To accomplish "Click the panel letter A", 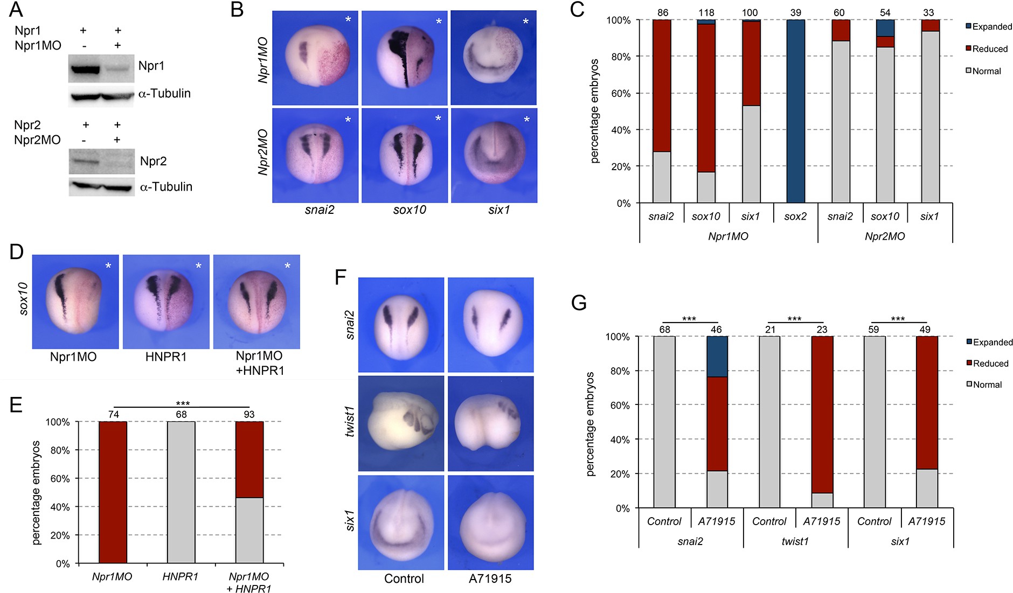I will (16, 9).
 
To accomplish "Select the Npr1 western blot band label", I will (151, 66).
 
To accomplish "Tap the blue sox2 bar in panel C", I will (795, 111).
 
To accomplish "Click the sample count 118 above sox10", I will (706, 12).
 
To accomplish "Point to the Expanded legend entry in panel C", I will (988, 26).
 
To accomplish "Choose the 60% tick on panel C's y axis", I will (619, 93).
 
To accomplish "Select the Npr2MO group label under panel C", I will (885, 236).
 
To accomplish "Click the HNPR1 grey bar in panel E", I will (181, 492).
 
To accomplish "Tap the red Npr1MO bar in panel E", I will (113, 492).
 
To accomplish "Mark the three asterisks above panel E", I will (183, 403).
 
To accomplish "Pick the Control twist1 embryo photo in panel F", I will (401, 423).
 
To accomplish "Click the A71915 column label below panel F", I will (490, 579).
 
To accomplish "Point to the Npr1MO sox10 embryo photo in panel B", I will (404, 58).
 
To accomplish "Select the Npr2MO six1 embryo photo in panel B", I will (494, 156).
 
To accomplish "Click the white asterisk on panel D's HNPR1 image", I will (198, 266).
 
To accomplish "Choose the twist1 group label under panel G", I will (795, 541).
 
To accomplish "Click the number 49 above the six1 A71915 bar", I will (925, 330).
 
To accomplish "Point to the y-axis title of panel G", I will (591, 424).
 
